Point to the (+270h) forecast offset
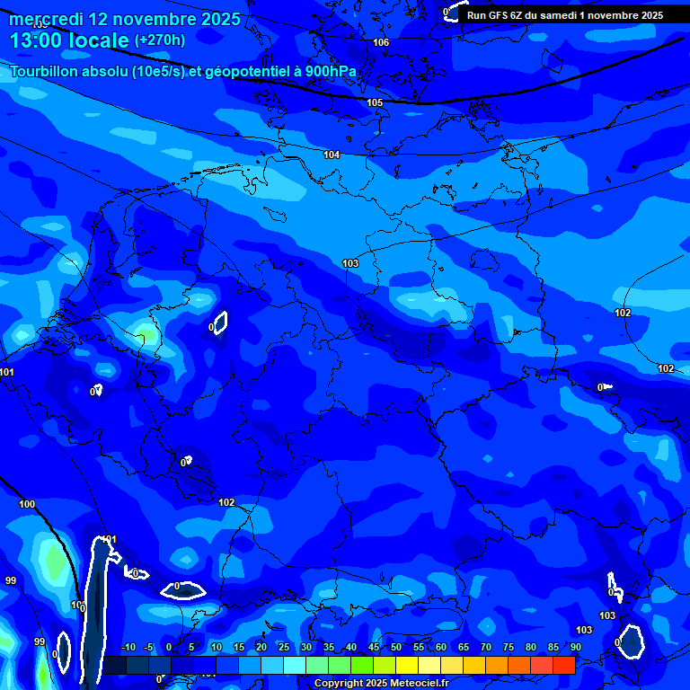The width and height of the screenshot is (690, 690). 160,40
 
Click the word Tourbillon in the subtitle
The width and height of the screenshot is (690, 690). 46,71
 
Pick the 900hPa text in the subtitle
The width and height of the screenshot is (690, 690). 325,71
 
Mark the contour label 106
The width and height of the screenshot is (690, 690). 381,42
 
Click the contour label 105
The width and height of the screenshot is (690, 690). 375,102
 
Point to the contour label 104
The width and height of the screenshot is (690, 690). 332,155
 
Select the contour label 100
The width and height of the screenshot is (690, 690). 27,504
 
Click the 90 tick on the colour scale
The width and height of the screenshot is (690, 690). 575,648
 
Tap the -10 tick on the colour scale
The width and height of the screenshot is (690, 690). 128,648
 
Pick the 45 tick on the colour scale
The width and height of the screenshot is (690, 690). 374,648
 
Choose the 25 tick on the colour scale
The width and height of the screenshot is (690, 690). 284,648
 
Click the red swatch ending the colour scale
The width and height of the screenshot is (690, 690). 563,665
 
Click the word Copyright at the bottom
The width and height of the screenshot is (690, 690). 338,684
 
